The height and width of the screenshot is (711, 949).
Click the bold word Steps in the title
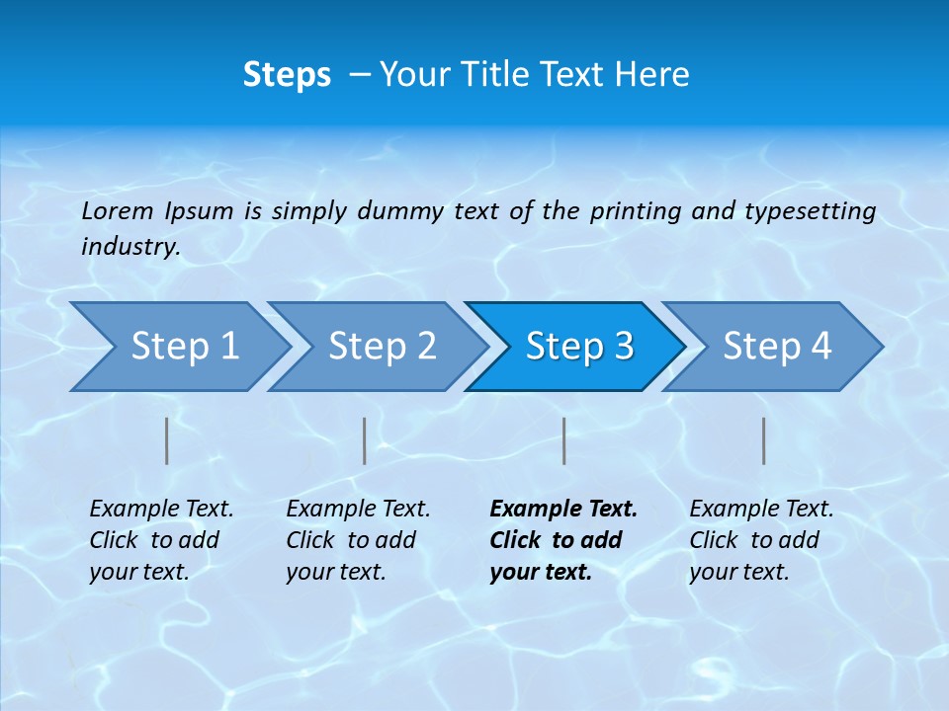click(287, 75)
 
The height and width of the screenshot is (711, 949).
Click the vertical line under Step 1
click(167, 440)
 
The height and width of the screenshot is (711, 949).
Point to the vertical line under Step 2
click(365, 440)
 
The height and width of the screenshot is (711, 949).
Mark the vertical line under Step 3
click(563, 440)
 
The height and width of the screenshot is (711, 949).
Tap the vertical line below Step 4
click(763, 440)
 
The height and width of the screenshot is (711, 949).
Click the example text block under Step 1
click(161, 540)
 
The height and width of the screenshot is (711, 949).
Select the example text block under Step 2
click(358, 540)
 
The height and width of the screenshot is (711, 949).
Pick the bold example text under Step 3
click(563, 540)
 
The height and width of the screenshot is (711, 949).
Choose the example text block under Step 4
click(761, 540)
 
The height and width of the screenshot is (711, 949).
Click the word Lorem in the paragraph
click(118, 210)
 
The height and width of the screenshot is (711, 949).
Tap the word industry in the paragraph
click(130, 247)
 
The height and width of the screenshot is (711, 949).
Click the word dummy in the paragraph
click(400, 211)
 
